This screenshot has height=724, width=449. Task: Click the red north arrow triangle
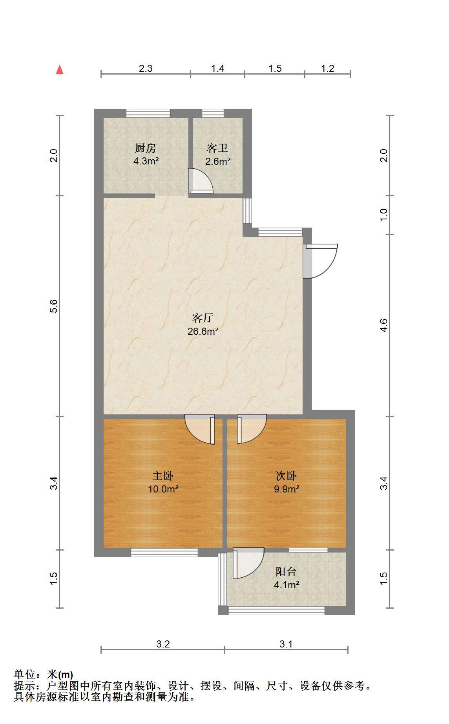60,70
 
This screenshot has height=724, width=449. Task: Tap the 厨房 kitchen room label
146,148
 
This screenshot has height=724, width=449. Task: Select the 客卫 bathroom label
217,148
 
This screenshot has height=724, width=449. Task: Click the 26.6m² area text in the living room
203,331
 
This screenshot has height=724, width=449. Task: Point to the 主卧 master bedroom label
163,476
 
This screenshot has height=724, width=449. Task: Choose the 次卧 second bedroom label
286,476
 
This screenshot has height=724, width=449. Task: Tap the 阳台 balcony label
286,572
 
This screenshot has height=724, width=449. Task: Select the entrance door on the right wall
320,261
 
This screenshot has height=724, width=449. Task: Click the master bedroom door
200,430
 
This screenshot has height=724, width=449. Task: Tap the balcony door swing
248,564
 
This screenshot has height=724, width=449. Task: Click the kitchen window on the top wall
148,113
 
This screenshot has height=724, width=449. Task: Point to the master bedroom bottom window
164,553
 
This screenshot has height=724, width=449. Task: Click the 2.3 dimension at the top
146,69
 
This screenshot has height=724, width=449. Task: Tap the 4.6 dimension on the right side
384,325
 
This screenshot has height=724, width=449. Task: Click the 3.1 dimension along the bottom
286,644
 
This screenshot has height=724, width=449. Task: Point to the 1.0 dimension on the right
384,214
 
